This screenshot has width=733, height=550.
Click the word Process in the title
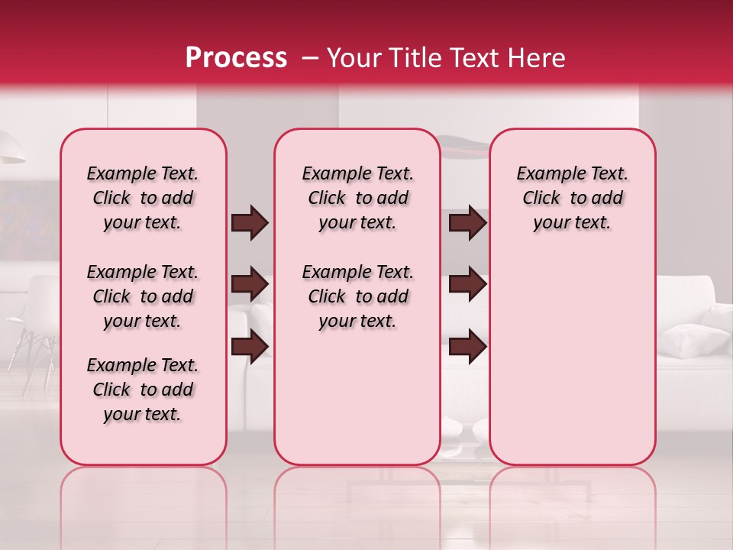coord(236,57)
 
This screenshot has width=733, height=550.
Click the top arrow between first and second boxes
coord(250,222)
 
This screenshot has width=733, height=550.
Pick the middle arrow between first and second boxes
coord(250,284)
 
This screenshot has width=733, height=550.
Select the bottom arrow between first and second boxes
coord(250,345)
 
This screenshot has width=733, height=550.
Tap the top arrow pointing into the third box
coord(467,222)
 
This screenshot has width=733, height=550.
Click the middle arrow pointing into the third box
coord(467,284)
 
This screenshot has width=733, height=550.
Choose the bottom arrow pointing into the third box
coord(467,345)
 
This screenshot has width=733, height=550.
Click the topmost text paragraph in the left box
coord(143,198)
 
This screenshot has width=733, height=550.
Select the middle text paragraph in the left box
coord(143,296)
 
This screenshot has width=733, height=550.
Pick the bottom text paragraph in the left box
coord(143,390)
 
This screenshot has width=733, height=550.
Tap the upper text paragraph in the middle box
coord(357,198)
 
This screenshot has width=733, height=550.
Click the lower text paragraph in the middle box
coord(357,296)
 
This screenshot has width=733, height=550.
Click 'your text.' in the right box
coord(572,222)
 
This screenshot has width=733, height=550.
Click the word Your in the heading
coord(352,57)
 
